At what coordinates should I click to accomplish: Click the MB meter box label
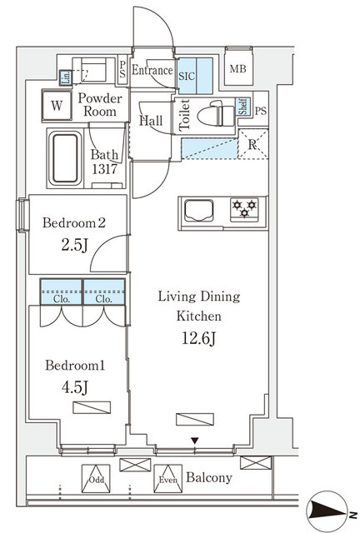238,70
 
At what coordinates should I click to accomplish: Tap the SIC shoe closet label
187,73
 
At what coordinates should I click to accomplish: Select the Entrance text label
152,72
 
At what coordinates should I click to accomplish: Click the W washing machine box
57,106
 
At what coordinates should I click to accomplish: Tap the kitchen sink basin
199,209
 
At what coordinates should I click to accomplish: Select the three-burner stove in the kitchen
243,209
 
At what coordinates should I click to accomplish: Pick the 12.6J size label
198,337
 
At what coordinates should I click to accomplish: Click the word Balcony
208,479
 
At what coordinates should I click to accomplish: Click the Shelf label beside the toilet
242,106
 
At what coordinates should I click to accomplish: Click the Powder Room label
101,104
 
